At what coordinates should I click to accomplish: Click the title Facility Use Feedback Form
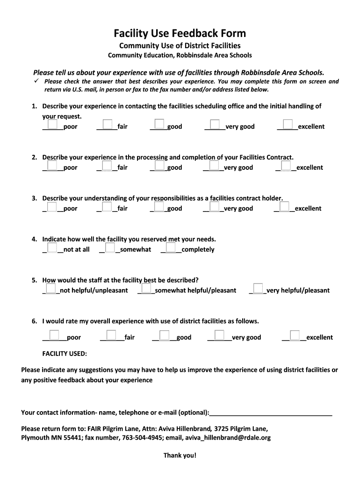tap(180, 33)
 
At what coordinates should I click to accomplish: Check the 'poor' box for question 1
tap(52, 124)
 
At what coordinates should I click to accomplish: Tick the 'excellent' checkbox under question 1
tap(288, 124)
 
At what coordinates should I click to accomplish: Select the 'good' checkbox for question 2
tap(160, 165)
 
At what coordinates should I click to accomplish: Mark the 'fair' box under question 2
tap(107, 165)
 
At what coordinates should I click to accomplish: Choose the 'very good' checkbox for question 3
tap(215, 206)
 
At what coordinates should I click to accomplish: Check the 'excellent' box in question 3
tap(284, 206)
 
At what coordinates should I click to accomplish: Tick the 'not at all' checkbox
tap(52, 247)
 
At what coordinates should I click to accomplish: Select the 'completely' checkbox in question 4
tap(171, 247)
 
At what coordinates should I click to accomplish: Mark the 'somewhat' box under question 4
tap(110, 247)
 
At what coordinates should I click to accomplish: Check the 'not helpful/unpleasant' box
tap(51, 288)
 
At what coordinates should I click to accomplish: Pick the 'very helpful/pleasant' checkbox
tap(258, 288)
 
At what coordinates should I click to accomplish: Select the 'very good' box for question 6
tap(218, 335)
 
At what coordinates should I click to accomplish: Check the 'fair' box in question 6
tap(111, 335)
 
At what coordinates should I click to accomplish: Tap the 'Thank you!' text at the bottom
tap(180, 455)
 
